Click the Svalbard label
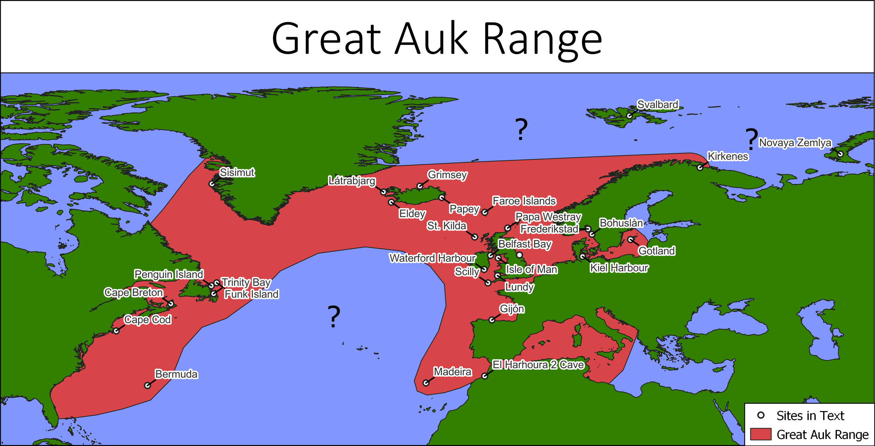pyautogui.click(x=657, y=105)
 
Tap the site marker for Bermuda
pyautogui.click(x=148, y=385)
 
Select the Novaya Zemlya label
pyautogui.click(x=794, y=143)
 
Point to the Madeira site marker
pyautogui.click(x=426, y=383)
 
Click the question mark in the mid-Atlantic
pyautogui.click(x=334, y=317)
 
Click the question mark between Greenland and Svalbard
pyautogui.click(x=521, y=130)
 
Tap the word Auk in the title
pyautogui.click(x=431, y=38)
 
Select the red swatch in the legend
pyautogui.click(x=761, y=434)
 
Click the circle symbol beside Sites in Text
pyautogui.click(x=761, y=415)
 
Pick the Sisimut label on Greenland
pyautogui.click(x=237, y=172)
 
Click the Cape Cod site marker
pyautogui.click(x=116, y=331)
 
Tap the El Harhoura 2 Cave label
pyautogui.click(x=538, y=365)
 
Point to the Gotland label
pyautogui.click(x=656, y=251)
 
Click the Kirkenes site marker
pyautogui.click(x=700, y=168)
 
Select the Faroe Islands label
pyautogui.click(x=524, y=201)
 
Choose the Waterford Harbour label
pyautogui.click(x=432, y=258)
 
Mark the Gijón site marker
pyautogui.click(x=492, y=320)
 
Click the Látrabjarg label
pyautogui.click(x=351, y=181)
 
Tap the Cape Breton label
pyautogui.click(x=133, y=292)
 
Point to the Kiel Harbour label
pyautogui.click(x=619, y=268)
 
